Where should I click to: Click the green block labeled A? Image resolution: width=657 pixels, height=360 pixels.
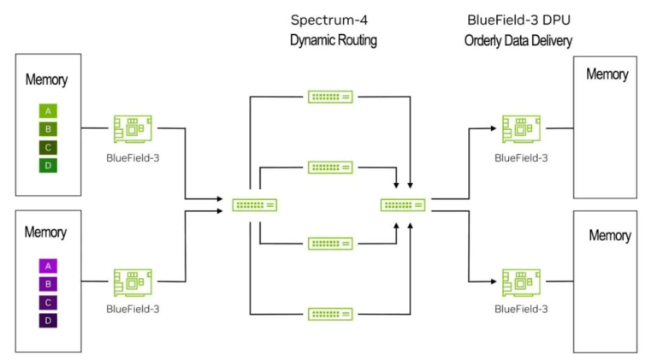[x=48, y=110]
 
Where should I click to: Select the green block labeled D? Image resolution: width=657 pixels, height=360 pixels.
[x=48, y=165]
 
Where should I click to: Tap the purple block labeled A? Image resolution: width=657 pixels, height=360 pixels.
[x=48, y=266]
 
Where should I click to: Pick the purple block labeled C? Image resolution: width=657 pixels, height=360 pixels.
[x=48, y=302]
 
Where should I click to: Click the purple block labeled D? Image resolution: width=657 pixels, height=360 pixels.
[x=48, y=321]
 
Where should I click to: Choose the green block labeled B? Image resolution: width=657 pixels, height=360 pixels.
[x=48, y=128]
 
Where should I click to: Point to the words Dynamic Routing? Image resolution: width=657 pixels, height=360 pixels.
[x=333, y=40]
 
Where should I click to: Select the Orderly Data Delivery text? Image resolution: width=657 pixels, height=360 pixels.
[x=518, y=40]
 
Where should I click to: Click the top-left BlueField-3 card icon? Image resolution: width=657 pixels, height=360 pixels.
[x=133, y=129]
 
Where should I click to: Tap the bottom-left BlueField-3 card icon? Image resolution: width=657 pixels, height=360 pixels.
[x=133, y=281]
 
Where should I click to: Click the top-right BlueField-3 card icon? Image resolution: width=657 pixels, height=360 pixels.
[x=521, y=129]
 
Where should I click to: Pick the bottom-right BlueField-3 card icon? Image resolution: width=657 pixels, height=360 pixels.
[x=521, y=281]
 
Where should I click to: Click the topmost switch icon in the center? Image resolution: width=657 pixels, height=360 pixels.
[x=330, y=97]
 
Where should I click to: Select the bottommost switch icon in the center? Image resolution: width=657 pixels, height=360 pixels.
[x=330, y=314]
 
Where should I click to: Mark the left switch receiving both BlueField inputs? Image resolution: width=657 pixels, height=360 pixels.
[x=254, y=205]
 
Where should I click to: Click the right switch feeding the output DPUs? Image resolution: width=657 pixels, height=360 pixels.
[x=403, y=205]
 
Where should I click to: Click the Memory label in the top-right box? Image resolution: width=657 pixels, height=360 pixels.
[x=607, y=74]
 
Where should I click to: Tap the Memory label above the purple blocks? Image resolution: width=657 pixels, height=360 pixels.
[x=45, y=232]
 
